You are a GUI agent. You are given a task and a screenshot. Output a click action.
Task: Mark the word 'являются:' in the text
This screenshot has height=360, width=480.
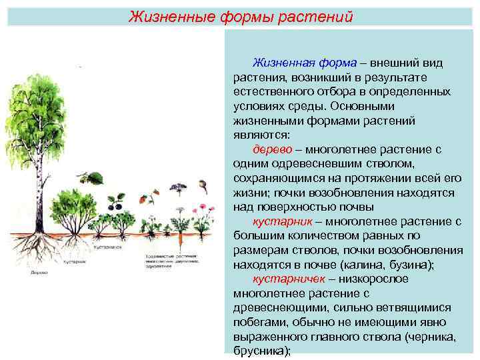click(262, 135)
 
